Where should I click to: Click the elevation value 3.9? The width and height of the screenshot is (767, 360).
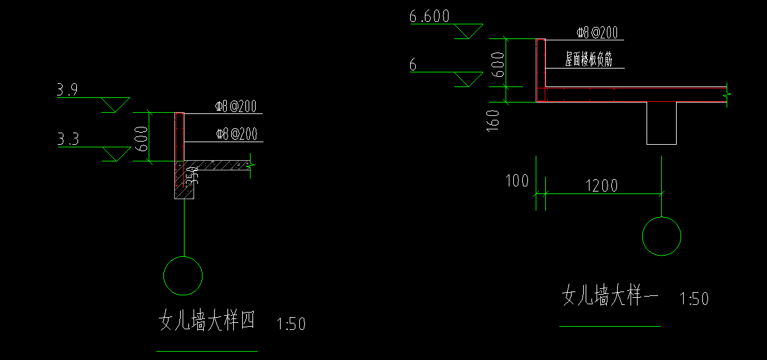tap(67, 90)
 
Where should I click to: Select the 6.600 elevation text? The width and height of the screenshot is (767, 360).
tap(429, 17)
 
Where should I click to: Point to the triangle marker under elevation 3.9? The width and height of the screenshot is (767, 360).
tap(116, 104)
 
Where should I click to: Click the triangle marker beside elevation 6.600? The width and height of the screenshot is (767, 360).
tap(468, 31)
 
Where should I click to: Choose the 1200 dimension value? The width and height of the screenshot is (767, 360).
tap(601, 186)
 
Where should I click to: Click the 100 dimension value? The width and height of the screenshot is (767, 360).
tap(518, 181)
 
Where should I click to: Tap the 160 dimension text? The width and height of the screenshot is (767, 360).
tap(493, 120)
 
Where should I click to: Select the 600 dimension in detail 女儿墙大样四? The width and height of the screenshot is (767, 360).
tap(142, 143)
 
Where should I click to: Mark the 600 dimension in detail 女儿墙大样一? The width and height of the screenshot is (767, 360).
tap(498, 69)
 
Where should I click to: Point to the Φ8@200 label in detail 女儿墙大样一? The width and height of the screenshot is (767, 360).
tap(597, 33)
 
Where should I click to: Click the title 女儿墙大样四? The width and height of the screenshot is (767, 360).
tap(206, 321)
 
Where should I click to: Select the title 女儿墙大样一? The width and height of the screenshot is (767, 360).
tap(610, 296)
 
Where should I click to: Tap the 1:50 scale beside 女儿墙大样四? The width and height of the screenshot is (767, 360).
tap(291, 324)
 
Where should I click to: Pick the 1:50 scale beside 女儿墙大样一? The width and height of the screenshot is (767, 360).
tap(693, 299)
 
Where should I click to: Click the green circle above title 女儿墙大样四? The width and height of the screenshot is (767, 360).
tap(183, 276)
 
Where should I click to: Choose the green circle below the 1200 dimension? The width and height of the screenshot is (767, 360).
tap(662, 236)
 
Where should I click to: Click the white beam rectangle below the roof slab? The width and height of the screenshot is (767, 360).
tap(661, 123)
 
